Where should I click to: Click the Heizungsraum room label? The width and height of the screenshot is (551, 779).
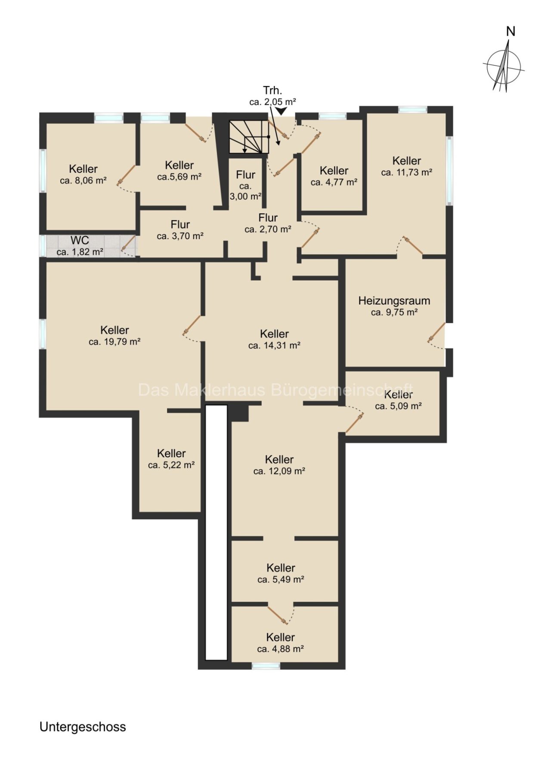pyautogui.click(x=394, y=301)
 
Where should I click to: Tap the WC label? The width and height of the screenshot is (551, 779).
pyautogui.click(x=80, y=240)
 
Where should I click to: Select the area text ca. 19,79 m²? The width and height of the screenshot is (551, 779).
pyautogui.click(x=115, y=342)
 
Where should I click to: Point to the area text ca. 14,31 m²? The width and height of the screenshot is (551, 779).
pyautogui.click(x=274, y=345)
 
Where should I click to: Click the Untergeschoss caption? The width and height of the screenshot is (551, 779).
pyautogui.click(x=83, y=727)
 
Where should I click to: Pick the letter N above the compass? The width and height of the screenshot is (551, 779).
pyautogui.click(x=511, y=31)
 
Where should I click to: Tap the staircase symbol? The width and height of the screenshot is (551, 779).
pyautogui.click(x=249, y=137)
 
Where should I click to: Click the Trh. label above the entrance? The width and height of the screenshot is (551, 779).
pyautogui.click(x=272, y=90)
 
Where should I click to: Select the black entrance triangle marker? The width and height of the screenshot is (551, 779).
pyautogui.click(x=282, y=111)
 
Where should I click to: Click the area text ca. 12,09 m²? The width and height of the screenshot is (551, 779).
pyautogui.click(x=279, y=471)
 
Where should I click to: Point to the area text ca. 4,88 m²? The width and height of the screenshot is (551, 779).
pyautogui.click(x=281, y=649)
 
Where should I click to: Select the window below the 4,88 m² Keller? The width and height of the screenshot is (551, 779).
pyautogui.click(x=266, y=666)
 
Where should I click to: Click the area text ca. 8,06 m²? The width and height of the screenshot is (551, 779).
pyautogui.click(x=83, y=181)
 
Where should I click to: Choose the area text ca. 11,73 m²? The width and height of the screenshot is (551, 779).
pyautogui.click(x=407, y=172)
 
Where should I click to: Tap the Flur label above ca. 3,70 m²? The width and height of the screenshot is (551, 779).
pyautogui.click(x=180, y=225)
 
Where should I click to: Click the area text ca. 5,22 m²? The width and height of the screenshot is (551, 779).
pyautogui.click(x=171, y=465)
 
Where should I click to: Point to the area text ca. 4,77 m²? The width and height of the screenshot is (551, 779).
pyautogui.click(x=334, y=182)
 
